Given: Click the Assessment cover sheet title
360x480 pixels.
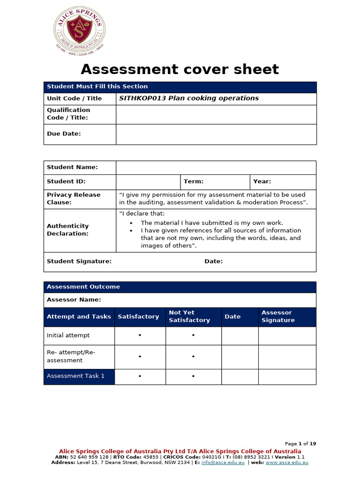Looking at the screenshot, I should (x=180, y=69).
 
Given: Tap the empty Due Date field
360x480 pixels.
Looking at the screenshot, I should (x=216, y=134).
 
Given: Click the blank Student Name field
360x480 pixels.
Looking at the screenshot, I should (x=216, y=167).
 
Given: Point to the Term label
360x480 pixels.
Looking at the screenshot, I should (x=193, y=181).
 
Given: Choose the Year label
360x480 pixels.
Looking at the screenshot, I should (x=262, y=181).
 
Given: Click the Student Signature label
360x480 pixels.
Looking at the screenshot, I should (x=79, y=262).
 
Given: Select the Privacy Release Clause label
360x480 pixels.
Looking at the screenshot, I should (x=74, y=198).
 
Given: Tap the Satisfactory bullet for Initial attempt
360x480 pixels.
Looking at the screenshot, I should (x=140, y=336).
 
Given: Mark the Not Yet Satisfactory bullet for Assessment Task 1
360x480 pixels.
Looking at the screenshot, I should (x=193, y=376).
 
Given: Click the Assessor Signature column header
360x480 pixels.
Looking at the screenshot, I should (x=278, y=316).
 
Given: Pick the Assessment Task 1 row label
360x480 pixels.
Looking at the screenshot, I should (x=75, y=376).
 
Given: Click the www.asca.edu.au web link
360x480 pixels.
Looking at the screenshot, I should (x=287, y=463).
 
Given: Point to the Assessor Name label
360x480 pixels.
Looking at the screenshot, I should (x=74, y=300).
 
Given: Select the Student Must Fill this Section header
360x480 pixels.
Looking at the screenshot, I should (x=97, y=87).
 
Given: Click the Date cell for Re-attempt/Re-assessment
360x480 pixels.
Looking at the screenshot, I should (x=240, y=357).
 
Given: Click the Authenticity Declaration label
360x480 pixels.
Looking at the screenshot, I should (x=67, y=230).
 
